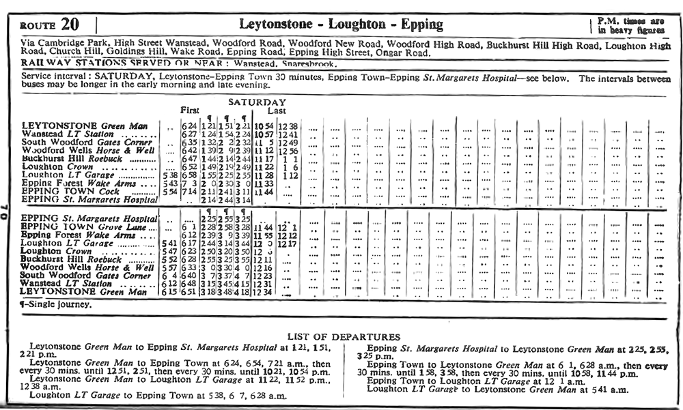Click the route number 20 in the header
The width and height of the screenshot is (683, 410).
coord(70,25)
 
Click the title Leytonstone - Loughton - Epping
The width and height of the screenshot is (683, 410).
coord(341,25)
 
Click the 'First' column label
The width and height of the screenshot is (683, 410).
coord(190,111)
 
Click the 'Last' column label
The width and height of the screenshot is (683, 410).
coord(277,111)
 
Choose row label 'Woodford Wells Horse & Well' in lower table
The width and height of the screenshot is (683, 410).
coord(87,267)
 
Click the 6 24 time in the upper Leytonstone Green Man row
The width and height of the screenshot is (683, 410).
coord(189,127)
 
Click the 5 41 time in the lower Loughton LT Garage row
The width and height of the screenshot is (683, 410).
coord(167,243)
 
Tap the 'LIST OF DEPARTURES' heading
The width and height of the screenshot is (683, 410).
coord(344,337)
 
